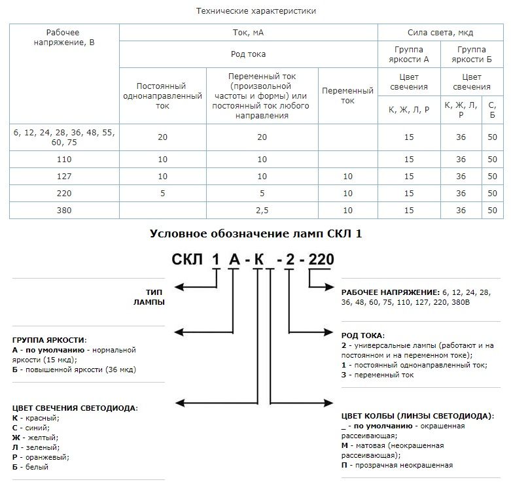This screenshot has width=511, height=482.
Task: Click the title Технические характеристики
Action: [256, 11]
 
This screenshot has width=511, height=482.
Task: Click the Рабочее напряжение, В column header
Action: [63, 38]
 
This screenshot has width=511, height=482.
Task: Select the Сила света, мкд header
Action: [440, 32]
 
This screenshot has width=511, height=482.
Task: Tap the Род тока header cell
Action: [248, 54]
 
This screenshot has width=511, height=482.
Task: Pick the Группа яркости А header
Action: [408, 54]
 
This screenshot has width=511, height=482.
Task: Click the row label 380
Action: [63, 210]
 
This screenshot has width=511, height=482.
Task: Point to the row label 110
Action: [63, 159]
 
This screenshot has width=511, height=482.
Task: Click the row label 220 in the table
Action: [63, 193]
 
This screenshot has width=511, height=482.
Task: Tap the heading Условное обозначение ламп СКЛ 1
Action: [255, 233]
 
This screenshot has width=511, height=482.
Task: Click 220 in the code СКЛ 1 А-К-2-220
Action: [321, 259]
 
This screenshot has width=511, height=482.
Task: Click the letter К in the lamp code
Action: [259, 259]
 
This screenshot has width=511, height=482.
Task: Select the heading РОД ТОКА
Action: [363, 335]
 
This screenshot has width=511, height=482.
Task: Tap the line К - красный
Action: [36, 417]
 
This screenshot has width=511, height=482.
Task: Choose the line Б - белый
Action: [31, 467]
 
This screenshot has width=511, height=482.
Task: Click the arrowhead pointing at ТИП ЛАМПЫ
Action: [184, 286]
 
